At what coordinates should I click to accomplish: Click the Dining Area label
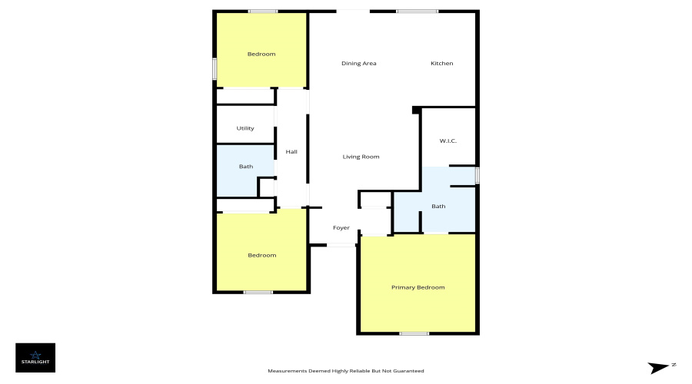tap(358, 63)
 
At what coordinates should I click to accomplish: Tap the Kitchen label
tap(441, 63)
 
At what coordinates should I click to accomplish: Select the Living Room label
tap(361, 157)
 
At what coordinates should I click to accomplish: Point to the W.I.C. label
tap(449, 141)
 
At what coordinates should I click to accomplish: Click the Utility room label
tap(245, 128)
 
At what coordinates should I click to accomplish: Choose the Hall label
tap(291, 151)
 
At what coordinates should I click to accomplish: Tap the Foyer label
tap(341, 228)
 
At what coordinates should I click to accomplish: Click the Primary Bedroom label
tap(418, 287)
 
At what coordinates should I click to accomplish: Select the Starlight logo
tap(35, 357)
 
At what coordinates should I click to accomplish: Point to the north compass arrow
tap(660, 368)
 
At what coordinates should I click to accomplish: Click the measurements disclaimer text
tap(345, 371)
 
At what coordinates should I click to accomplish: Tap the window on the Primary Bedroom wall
tap(414, 333)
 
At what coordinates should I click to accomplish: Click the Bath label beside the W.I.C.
tap(438, 206)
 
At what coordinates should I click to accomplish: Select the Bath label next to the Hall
tap(245, 166)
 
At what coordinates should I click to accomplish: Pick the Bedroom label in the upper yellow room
tap(261, 54)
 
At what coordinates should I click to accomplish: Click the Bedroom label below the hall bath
tap(261, 255)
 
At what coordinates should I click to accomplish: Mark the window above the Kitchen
tap(417, 11)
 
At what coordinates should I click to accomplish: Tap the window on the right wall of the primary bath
tap(477, 175)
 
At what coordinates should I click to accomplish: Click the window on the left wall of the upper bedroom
tap(215, 68)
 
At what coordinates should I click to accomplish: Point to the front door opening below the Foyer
tap(341, 245)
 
